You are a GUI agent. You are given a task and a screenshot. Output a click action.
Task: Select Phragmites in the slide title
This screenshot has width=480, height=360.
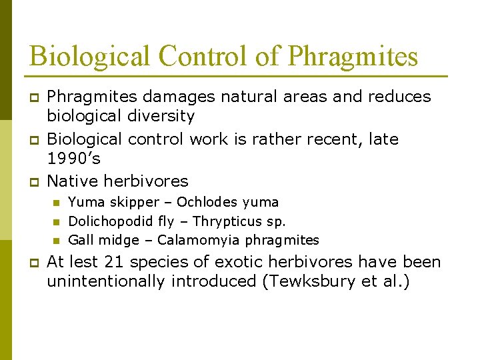click(x=353, y=56)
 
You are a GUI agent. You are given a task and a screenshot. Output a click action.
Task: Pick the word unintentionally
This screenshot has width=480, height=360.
click(x=105, y=282)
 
